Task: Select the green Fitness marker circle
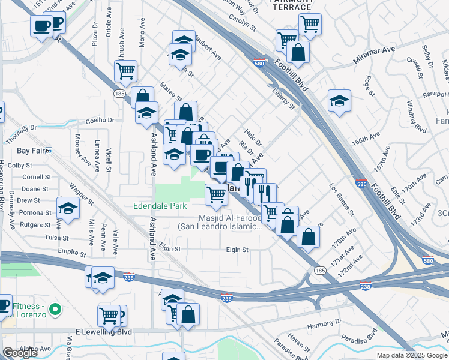[55, 310]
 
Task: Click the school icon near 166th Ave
[339, 100]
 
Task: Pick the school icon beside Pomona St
[68, 208]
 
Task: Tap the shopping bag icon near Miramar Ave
[298, 52]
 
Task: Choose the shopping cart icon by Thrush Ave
[126, 71]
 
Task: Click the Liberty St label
[283, 99]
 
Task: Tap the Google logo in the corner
[20, 353]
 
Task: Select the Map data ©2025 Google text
[412, 355]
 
